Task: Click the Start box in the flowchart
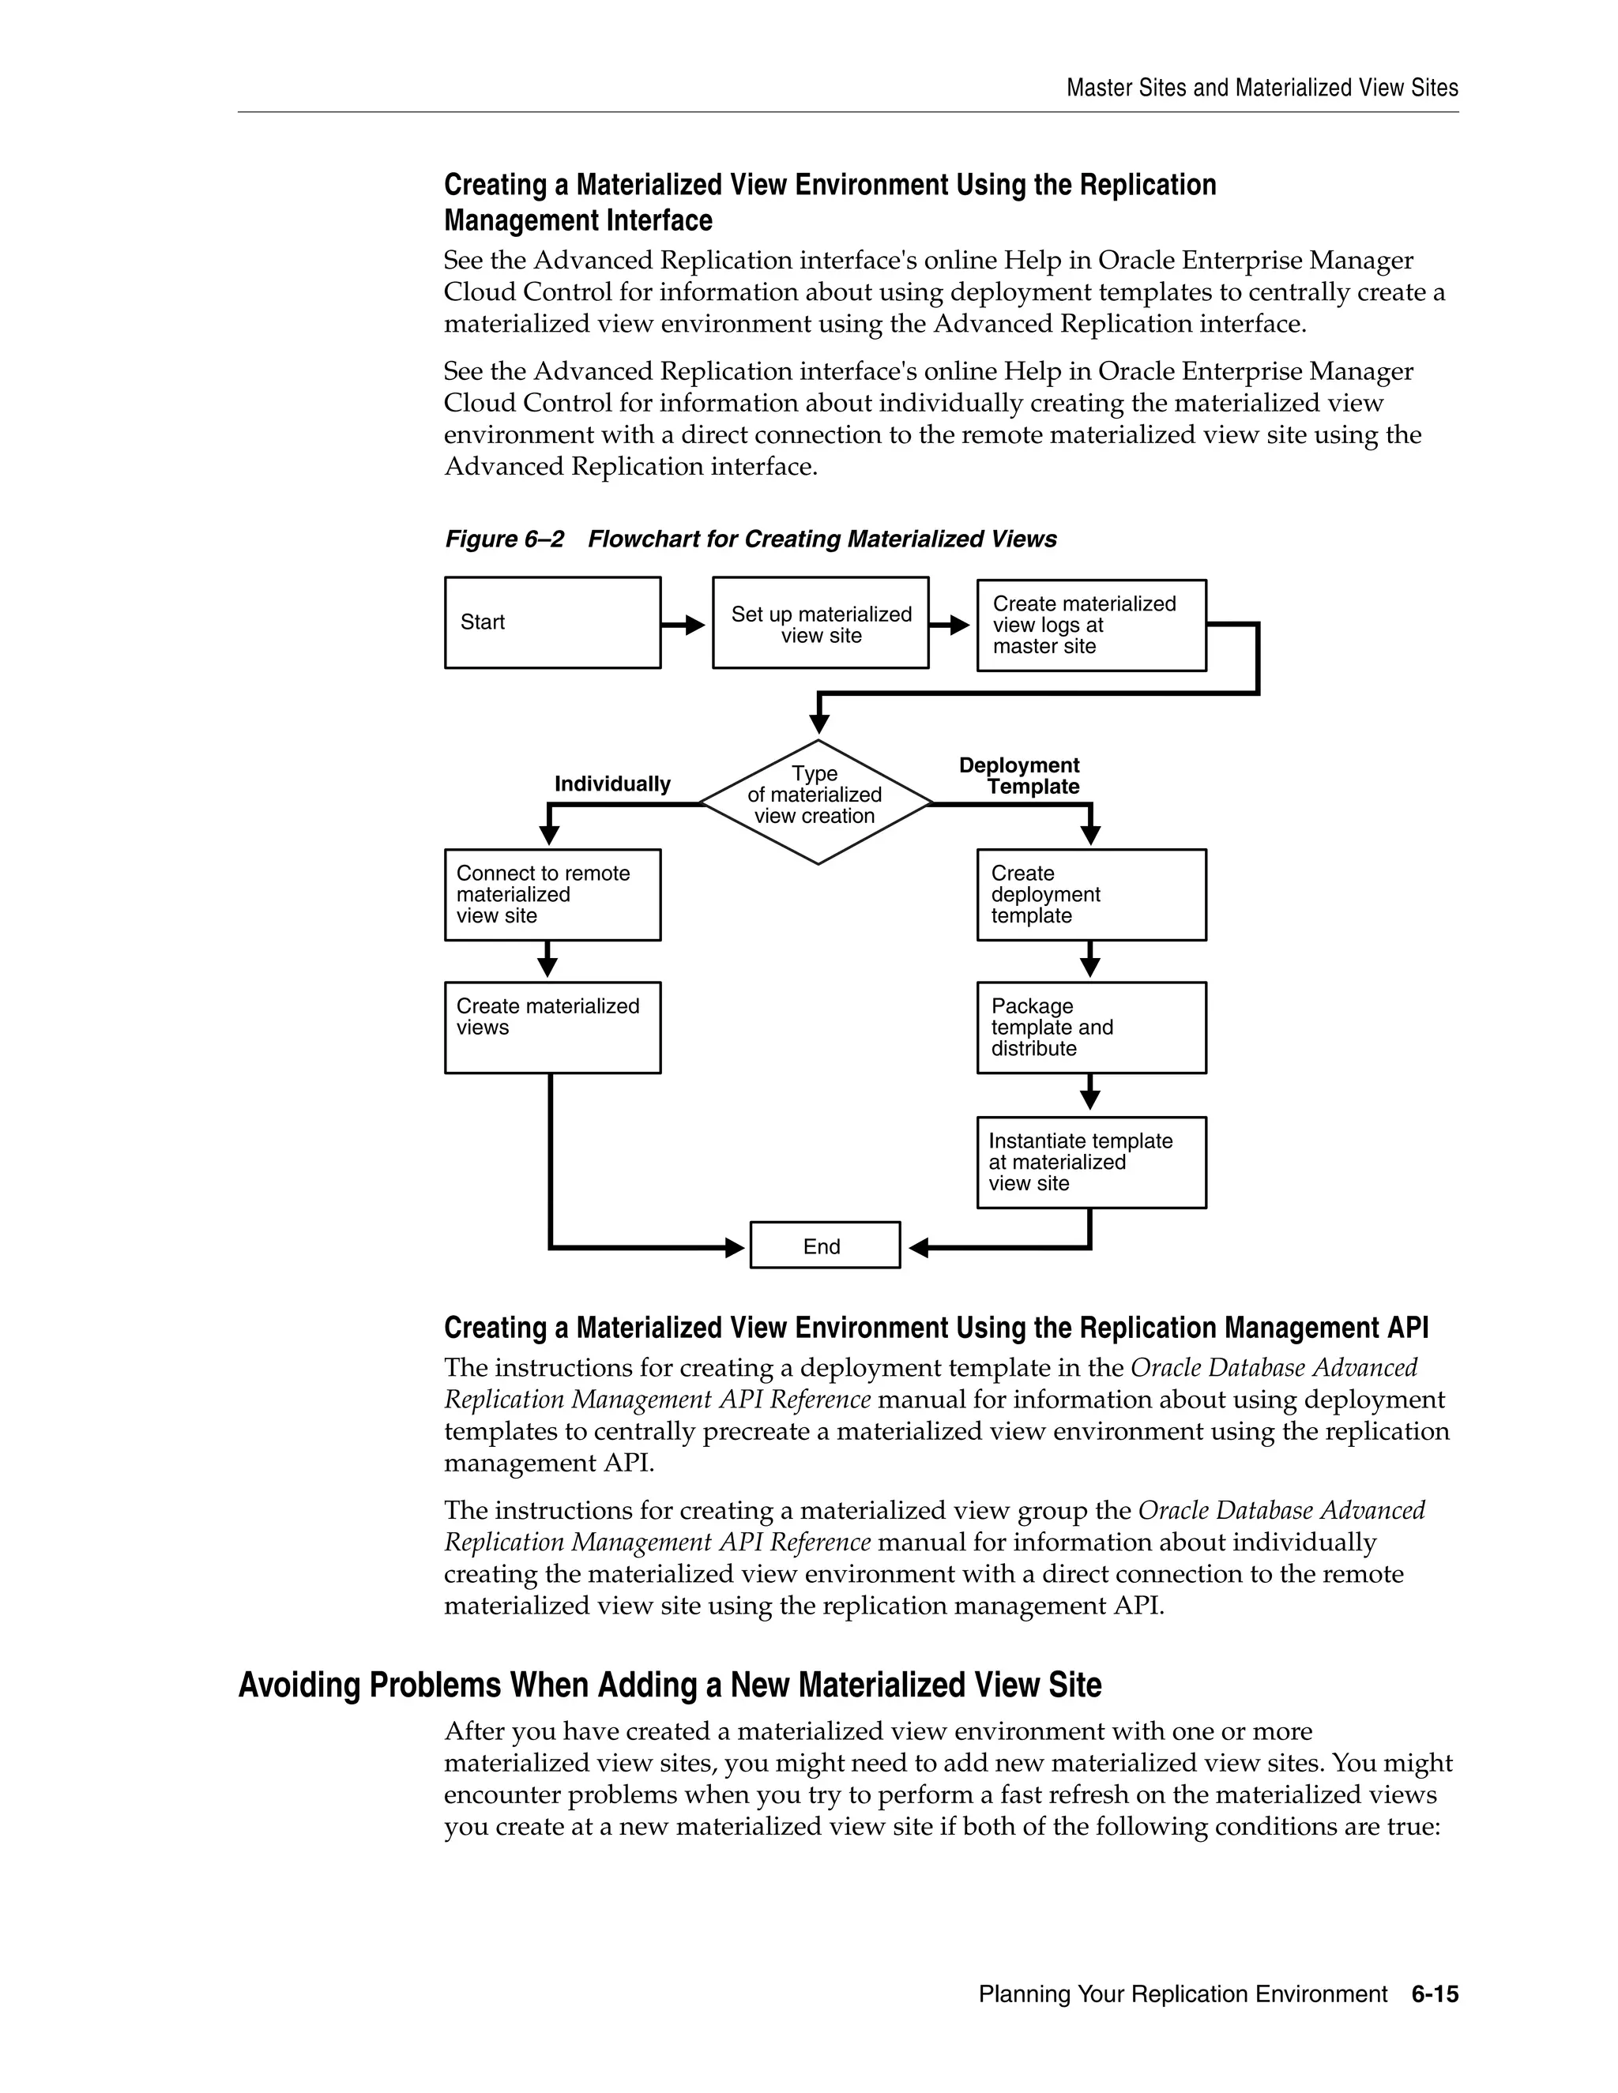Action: click(552, 622)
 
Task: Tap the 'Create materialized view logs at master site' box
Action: click(1091, 625)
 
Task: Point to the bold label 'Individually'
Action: click(612, 784)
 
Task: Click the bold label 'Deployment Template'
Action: click(1020, 776)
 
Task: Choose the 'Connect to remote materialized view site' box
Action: click(552, 894)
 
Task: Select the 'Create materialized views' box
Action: click(552, 1027)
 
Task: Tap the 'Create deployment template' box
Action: click(1091, 894)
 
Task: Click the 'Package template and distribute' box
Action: click(1091, 1027)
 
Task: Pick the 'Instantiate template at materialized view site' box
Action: click(1091, 1162)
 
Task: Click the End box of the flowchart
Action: click(824, 1245)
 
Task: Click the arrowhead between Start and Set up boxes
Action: click(695, 625)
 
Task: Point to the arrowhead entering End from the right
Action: click(918, 1247)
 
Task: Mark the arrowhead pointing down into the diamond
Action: click(818, 723)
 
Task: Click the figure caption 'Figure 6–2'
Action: click(504, 539)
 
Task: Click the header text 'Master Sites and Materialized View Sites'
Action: click(1262, 88)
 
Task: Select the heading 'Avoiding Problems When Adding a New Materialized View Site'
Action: click(669, 1685)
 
